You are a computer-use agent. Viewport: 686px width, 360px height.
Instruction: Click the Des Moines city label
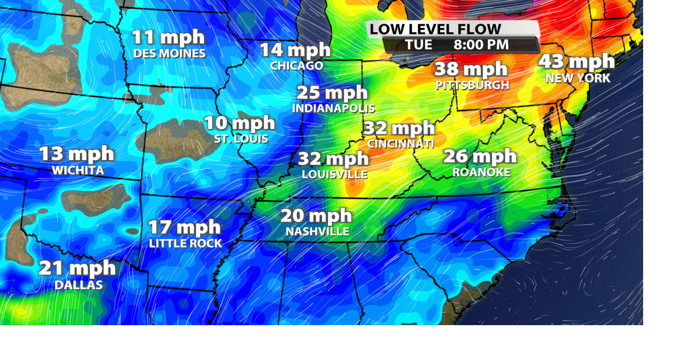169,54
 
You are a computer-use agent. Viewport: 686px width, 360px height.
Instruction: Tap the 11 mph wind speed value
168,37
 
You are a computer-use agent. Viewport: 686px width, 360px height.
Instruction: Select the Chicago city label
296,66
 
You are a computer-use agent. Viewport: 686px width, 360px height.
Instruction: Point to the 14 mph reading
295,50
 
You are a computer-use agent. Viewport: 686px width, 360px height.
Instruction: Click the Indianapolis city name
333,108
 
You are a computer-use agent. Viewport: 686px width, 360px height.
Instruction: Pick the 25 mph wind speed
332,92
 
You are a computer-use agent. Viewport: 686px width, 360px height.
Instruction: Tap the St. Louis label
241,139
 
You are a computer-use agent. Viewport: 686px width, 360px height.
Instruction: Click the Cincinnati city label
400,144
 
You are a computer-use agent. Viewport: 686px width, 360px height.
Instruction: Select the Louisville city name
334,175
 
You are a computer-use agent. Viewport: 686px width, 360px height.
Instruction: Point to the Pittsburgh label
472,85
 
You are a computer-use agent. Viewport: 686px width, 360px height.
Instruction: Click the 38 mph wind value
471,69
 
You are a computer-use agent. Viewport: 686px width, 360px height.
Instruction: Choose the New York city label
577,78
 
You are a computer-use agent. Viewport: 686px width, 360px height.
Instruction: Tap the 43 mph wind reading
576,61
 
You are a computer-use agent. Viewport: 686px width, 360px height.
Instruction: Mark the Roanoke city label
481,172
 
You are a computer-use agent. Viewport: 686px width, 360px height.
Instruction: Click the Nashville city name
317,231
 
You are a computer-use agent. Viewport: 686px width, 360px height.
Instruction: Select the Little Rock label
185,243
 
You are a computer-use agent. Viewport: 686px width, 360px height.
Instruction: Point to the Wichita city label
78,170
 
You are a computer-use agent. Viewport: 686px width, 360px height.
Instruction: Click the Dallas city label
78,285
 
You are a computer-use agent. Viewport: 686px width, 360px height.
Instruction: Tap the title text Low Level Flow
435,29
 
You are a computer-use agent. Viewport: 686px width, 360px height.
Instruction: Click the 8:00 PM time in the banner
481,45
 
